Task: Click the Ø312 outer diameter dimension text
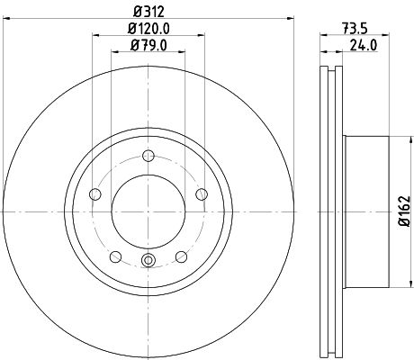(x=148, y=13)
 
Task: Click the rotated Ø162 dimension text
(x=404, y=209)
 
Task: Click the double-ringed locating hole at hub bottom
(x=148, y=262)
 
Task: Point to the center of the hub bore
(x=148, y=209)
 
